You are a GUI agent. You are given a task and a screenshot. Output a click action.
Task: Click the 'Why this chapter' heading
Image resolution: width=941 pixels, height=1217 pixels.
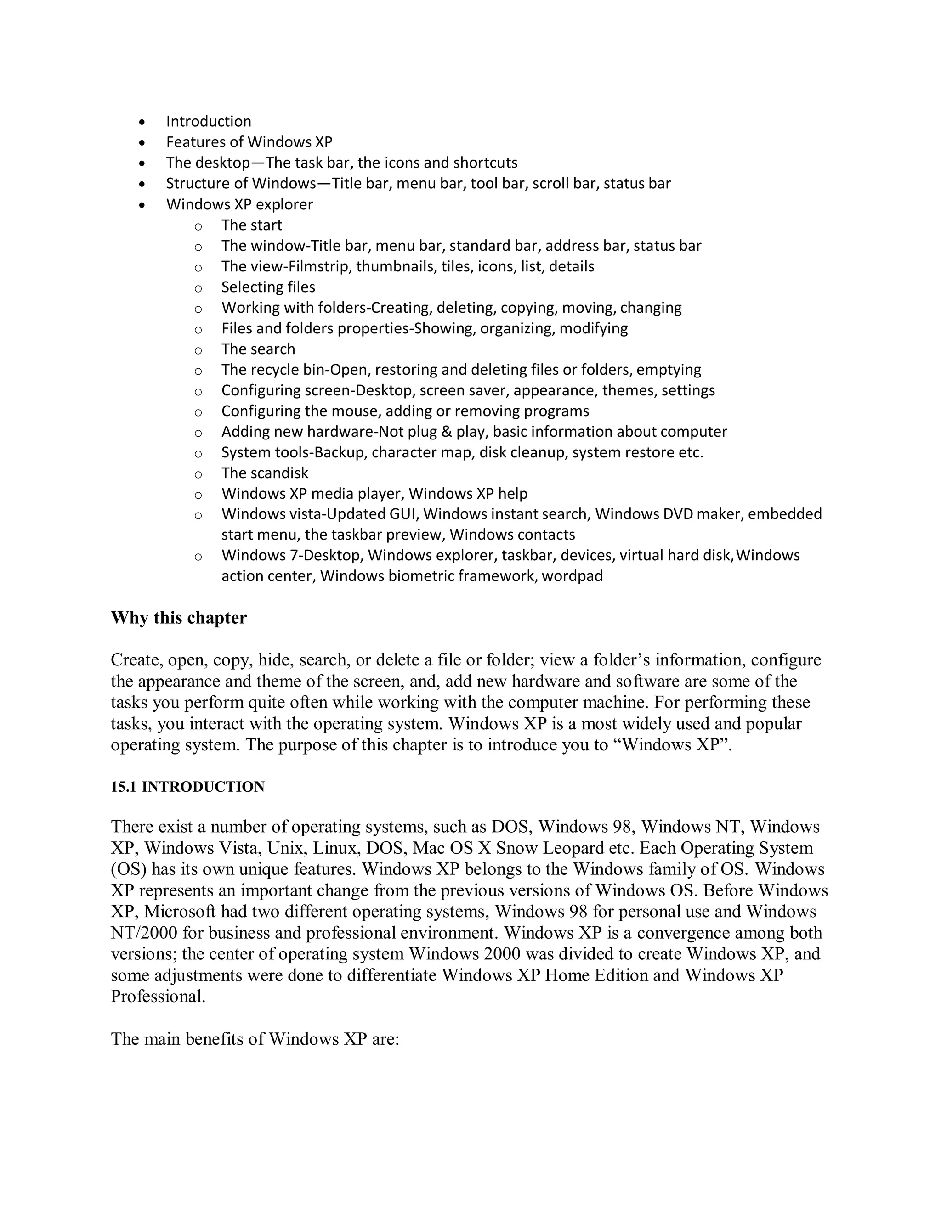[178, 618]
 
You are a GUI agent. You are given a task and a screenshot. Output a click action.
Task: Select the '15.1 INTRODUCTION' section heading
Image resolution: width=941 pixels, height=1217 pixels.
[187, 787]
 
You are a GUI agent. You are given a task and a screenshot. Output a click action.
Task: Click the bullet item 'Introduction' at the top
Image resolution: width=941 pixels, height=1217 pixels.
[209, 122]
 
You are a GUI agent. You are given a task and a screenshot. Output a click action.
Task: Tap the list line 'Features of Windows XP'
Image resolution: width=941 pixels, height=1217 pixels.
[249, 142]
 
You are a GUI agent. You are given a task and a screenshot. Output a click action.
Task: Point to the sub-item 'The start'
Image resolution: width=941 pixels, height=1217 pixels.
[251, 225]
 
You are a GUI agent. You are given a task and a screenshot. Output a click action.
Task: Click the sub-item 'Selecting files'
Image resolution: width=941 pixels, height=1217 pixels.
[268, 287]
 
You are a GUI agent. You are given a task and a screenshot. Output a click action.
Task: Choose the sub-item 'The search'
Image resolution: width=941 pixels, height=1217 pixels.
[258, 349]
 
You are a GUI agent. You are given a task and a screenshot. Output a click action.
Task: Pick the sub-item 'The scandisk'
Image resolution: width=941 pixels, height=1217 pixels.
[265, 473]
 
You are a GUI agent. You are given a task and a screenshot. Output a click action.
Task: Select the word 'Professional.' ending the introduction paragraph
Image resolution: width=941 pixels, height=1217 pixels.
[159, 997]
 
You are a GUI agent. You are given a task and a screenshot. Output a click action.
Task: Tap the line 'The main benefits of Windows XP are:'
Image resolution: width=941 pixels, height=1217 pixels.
[255, 1039]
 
